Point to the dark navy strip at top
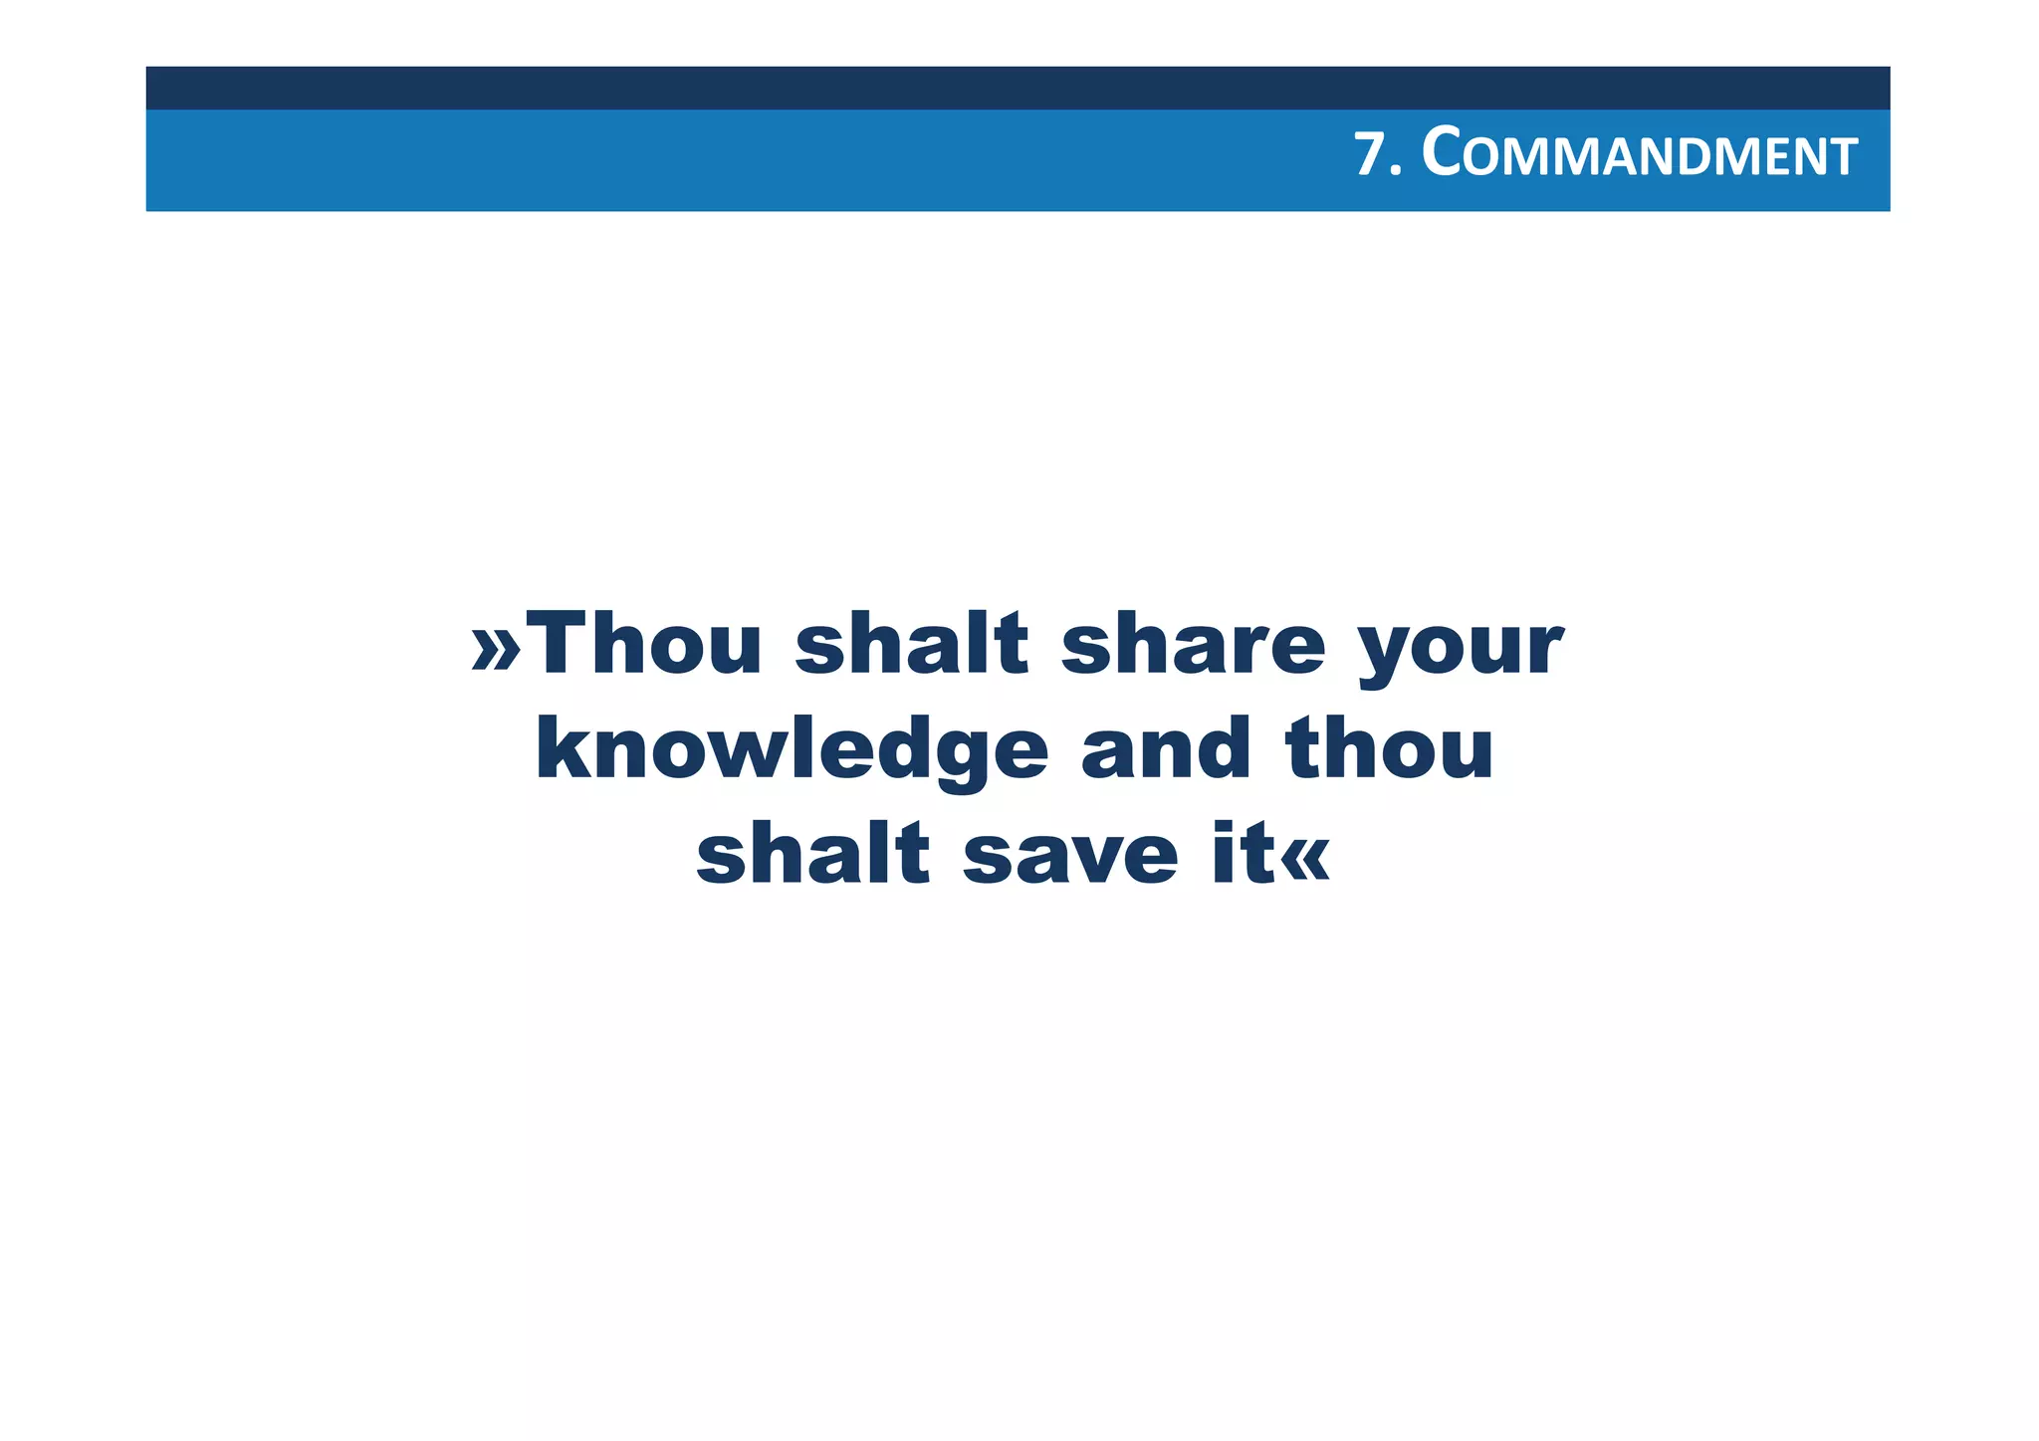click(x=1018, y=88)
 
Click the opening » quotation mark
click(x=496, y=649)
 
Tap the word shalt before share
click(x=911, y=644)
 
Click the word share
click(x=1193, y=644)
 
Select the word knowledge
click(x=792, y=751)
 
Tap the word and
click(x=1165, y=748)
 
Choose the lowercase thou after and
click(x=1390, y=748)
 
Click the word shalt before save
click(x=812, y=854)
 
